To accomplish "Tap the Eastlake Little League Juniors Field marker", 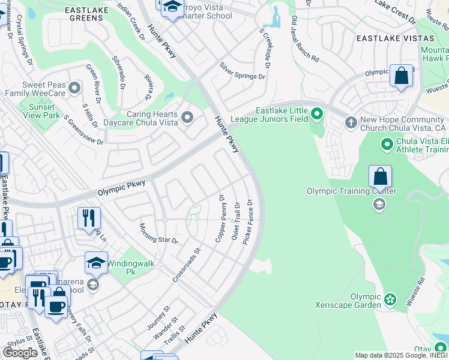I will pyautogui.click(x=316, y=113).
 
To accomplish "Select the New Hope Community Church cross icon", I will pyautogui.click(x=351, y=123).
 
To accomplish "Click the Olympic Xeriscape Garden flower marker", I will pyautogui.click(x=390, y=298).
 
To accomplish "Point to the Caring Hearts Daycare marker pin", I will pyautogui.click(x=187, y=117).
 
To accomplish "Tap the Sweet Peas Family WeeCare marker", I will pyautogui.click(x=74, y=89).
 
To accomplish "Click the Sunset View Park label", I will pyautogui.click(x=40, y=110).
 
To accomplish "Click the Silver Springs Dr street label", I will pyautogui.click(x=242, y=71).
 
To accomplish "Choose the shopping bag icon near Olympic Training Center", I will pyautogui.click(x=380, y=177).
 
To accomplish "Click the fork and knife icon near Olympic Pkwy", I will pyautogui.click(x=89, y=217).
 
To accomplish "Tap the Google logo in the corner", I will pyautogui.click(x=20, y=353).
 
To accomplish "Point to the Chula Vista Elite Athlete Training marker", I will pyautogui.click(x=387, y=145).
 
